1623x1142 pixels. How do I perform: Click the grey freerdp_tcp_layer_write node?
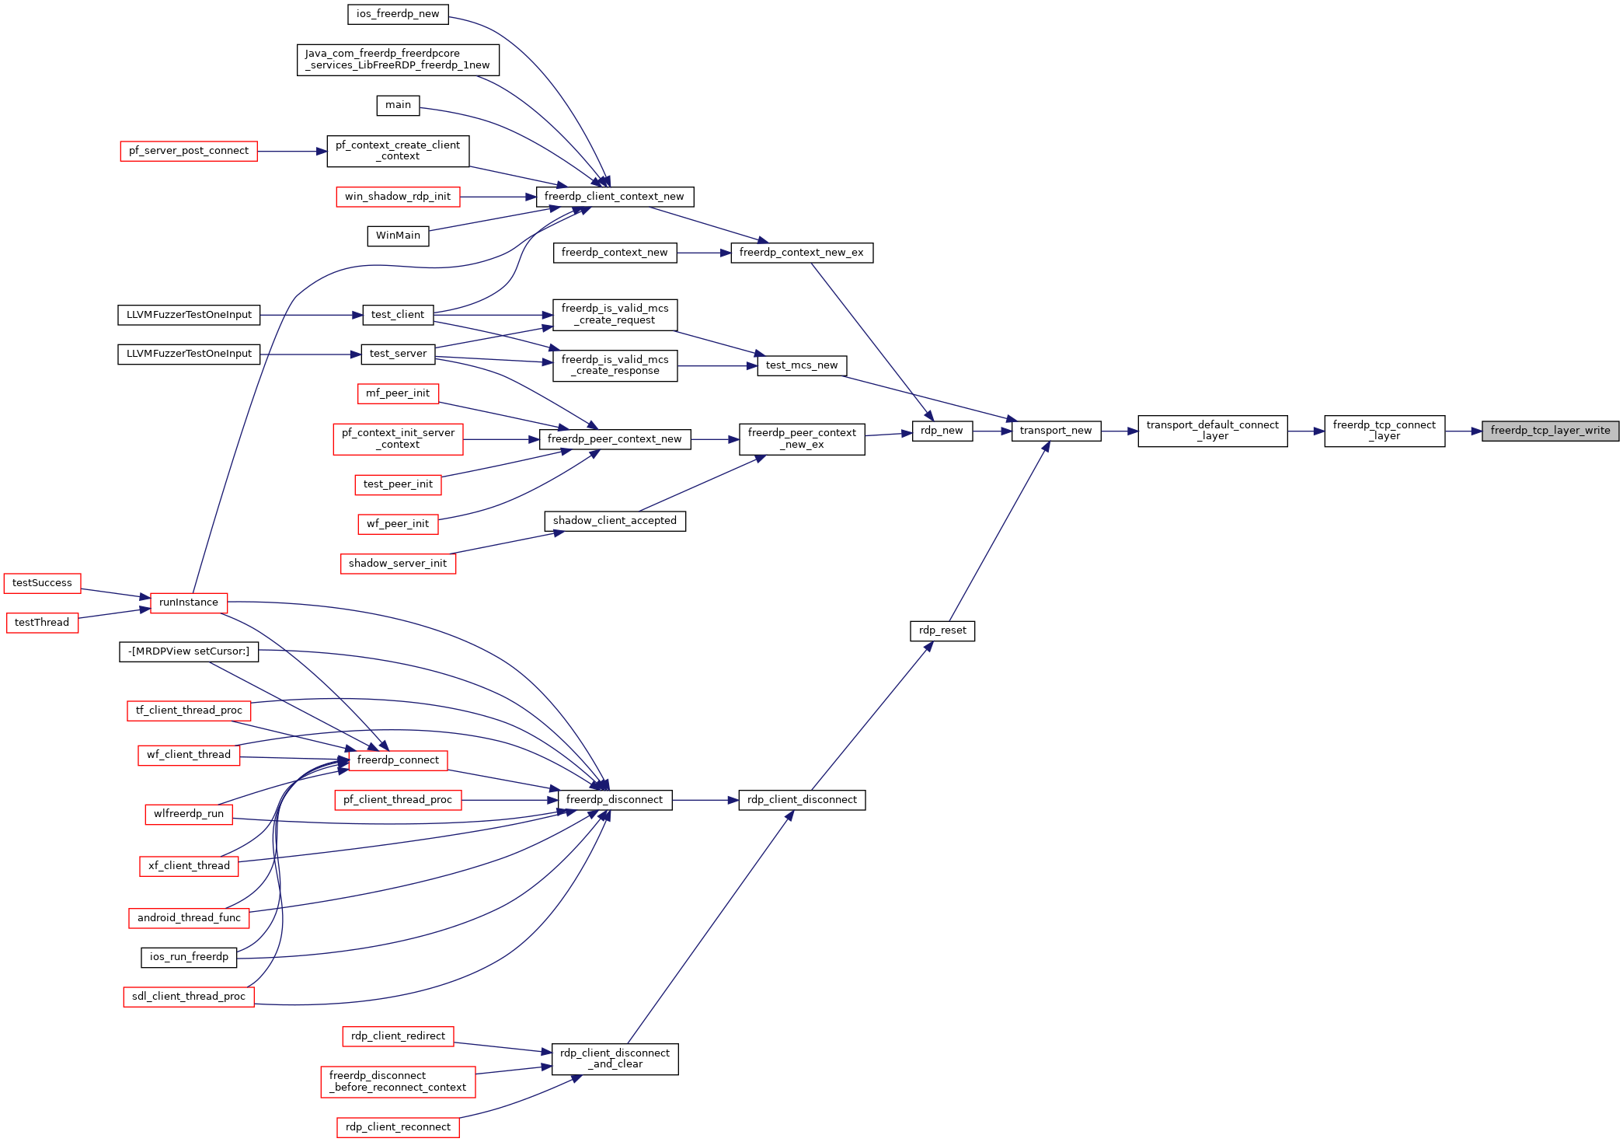(x=1550, y=431)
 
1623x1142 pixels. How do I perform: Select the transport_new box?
(x=1056, y=431)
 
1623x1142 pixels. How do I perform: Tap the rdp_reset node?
(x=942, y=630)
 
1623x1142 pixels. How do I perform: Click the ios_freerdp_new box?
(x=398, y=14)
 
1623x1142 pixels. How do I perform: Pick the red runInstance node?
(x=189, y=602)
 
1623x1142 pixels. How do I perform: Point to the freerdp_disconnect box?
(x=615, y=800)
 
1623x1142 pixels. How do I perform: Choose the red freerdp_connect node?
(x=398, y=760)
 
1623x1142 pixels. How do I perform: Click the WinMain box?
(x=398, y=236)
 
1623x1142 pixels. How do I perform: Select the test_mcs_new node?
(x=802, y=365)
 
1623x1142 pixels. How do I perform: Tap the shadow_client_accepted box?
(x=615, y=521)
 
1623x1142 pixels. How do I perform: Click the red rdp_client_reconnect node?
(x=398, y=1127)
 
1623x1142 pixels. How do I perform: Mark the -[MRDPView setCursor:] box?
(x=189, y=651)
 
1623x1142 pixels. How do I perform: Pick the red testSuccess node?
(x=42, y=583)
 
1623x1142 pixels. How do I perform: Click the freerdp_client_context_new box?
(x=615, y=197)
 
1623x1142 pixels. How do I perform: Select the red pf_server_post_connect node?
(x=189, y=151)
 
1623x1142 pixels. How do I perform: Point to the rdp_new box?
(x=942, y=431)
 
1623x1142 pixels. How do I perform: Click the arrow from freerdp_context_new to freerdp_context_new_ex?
(x=704, y=253)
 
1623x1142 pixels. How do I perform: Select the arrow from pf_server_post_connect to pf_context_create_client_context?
(x=292, y=152)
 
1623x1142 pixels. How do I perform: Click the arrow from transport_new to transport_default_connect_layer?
(x=1120, y=431)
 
